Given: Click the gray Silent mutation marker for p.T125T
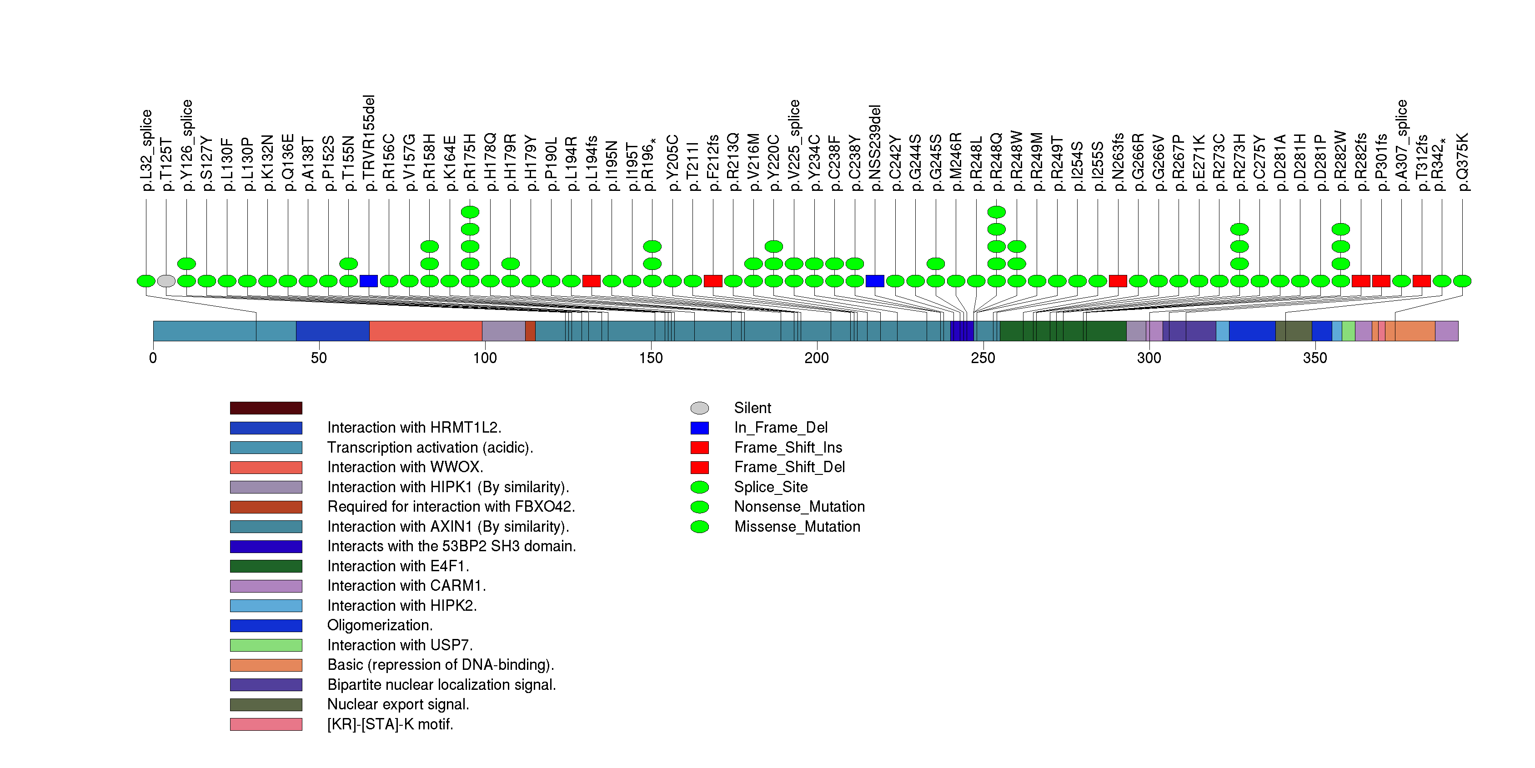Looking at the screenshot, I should tap(166, 281).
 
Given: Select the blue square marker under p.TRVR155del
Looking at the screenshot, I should tap(369, 281).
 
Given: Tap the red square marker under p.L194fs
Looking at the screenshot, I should tap(591, 281).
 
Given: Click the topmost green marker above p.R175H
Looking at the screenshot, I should tap(470, 212).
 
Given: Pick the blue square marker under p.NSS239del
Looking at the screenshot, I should tap(875, 281).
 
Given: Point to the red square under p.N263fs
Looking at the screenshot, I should tap(1118, 281).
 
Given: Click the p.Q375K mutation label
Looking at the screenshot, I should tap(1462, 161).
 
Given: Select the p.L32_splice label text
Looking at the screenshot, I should tap(146, 150).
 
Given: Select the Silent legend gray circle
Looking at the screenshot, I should tap(700, 408).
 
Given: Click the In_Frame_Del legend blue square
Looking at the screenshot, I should tap(700, 428).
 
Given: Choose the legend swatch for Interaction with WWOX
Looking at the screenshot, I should tap(266, 467).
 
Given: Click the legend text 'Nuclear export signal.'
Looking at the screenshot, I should tap(398, 704).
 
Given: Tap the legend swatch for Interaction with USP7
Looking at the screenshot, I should tap(266, 645).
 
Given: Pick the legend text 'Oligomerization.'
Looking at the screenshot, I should tap(380, 625).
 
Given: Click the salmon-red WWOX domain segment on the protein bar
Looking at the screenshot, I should tap(426, 331).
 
